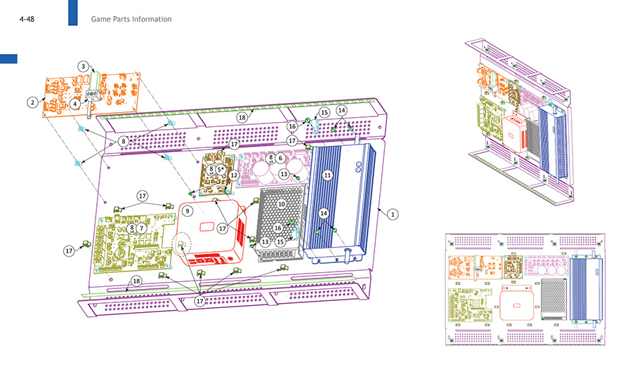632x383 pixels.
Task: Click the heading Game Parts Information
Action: point(131,19)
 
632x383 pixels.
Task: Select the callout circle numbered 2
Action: point(32,102)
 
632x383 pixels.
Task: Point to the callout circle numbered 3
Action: point(83,66)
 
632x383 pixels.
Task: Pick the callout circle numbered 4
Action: point(74,104)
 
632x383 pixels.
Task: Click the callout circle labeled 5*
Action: point(220,170)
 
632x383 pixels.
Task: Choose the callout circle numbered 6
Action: point(280,159)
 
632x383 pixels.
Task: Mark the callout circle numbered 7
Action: point(141,228)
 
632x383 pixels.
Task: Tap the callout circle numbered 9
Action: point(187,210)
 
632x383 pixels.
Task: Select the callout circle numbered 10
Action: point(282,203)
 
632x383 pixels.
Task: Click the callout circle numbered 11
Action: point(327,174)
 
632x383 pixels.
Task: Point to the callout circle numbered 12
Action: point(235,175)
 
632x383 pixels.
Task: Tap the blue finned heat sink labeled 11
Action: point(337,203)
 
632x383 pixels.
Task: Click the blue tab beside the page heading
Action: point(72,13)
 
